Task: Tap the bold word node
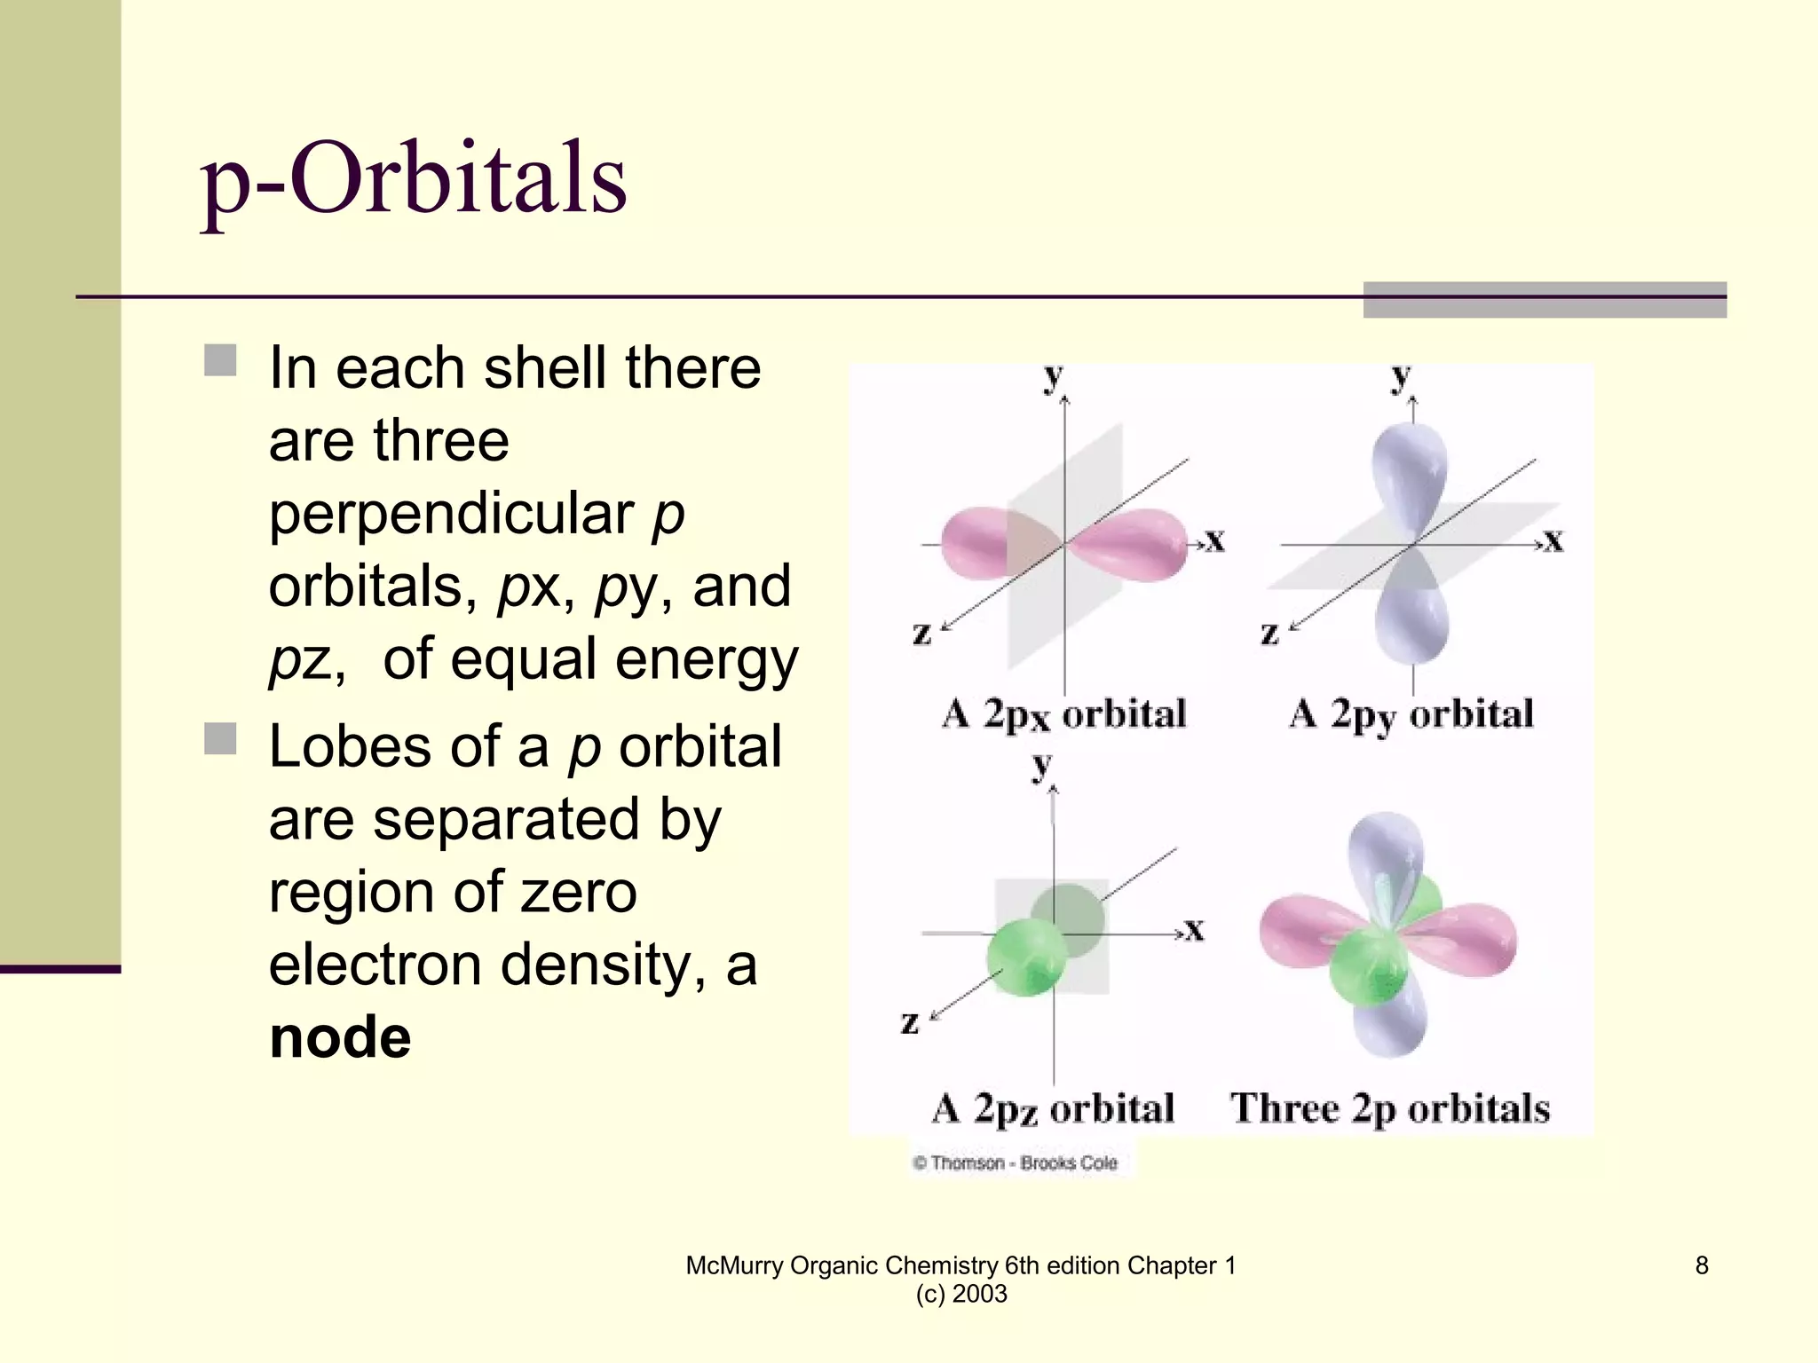click(340, 1037)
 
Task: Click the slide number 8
click(1702, 1265)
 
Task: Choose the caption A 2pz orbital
click(1053, 1109)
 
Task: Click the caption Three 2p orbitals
click(1390, 1109)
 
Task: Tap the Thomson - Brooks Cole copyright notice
click(1016, 1163)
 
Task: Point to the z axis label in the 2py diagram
click(1269, 634)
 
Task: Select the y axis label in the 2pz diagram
click(1042, 764)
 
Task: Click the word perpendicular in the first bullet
click(451, 514)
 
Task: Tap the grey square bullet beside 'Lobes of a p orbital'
click(220, 738)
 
